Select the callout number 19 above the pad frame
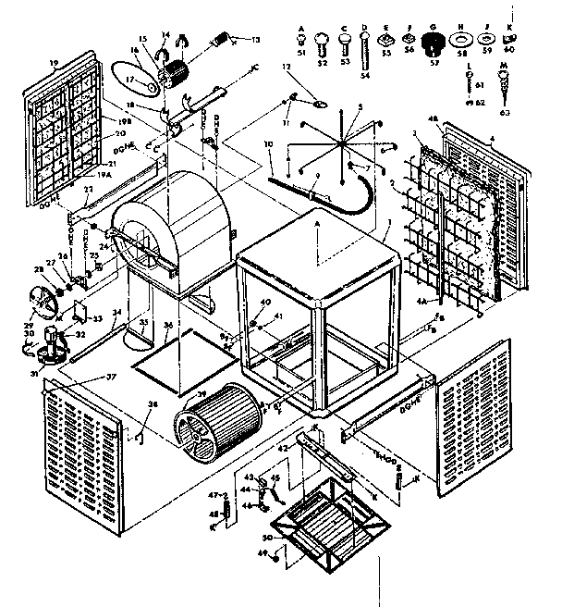tap(54, 62)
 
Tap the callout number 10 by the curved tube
tap(268, 145)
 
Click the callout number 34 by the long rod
tap(116, 313)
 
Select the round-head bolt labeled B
tap(325, 41)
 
